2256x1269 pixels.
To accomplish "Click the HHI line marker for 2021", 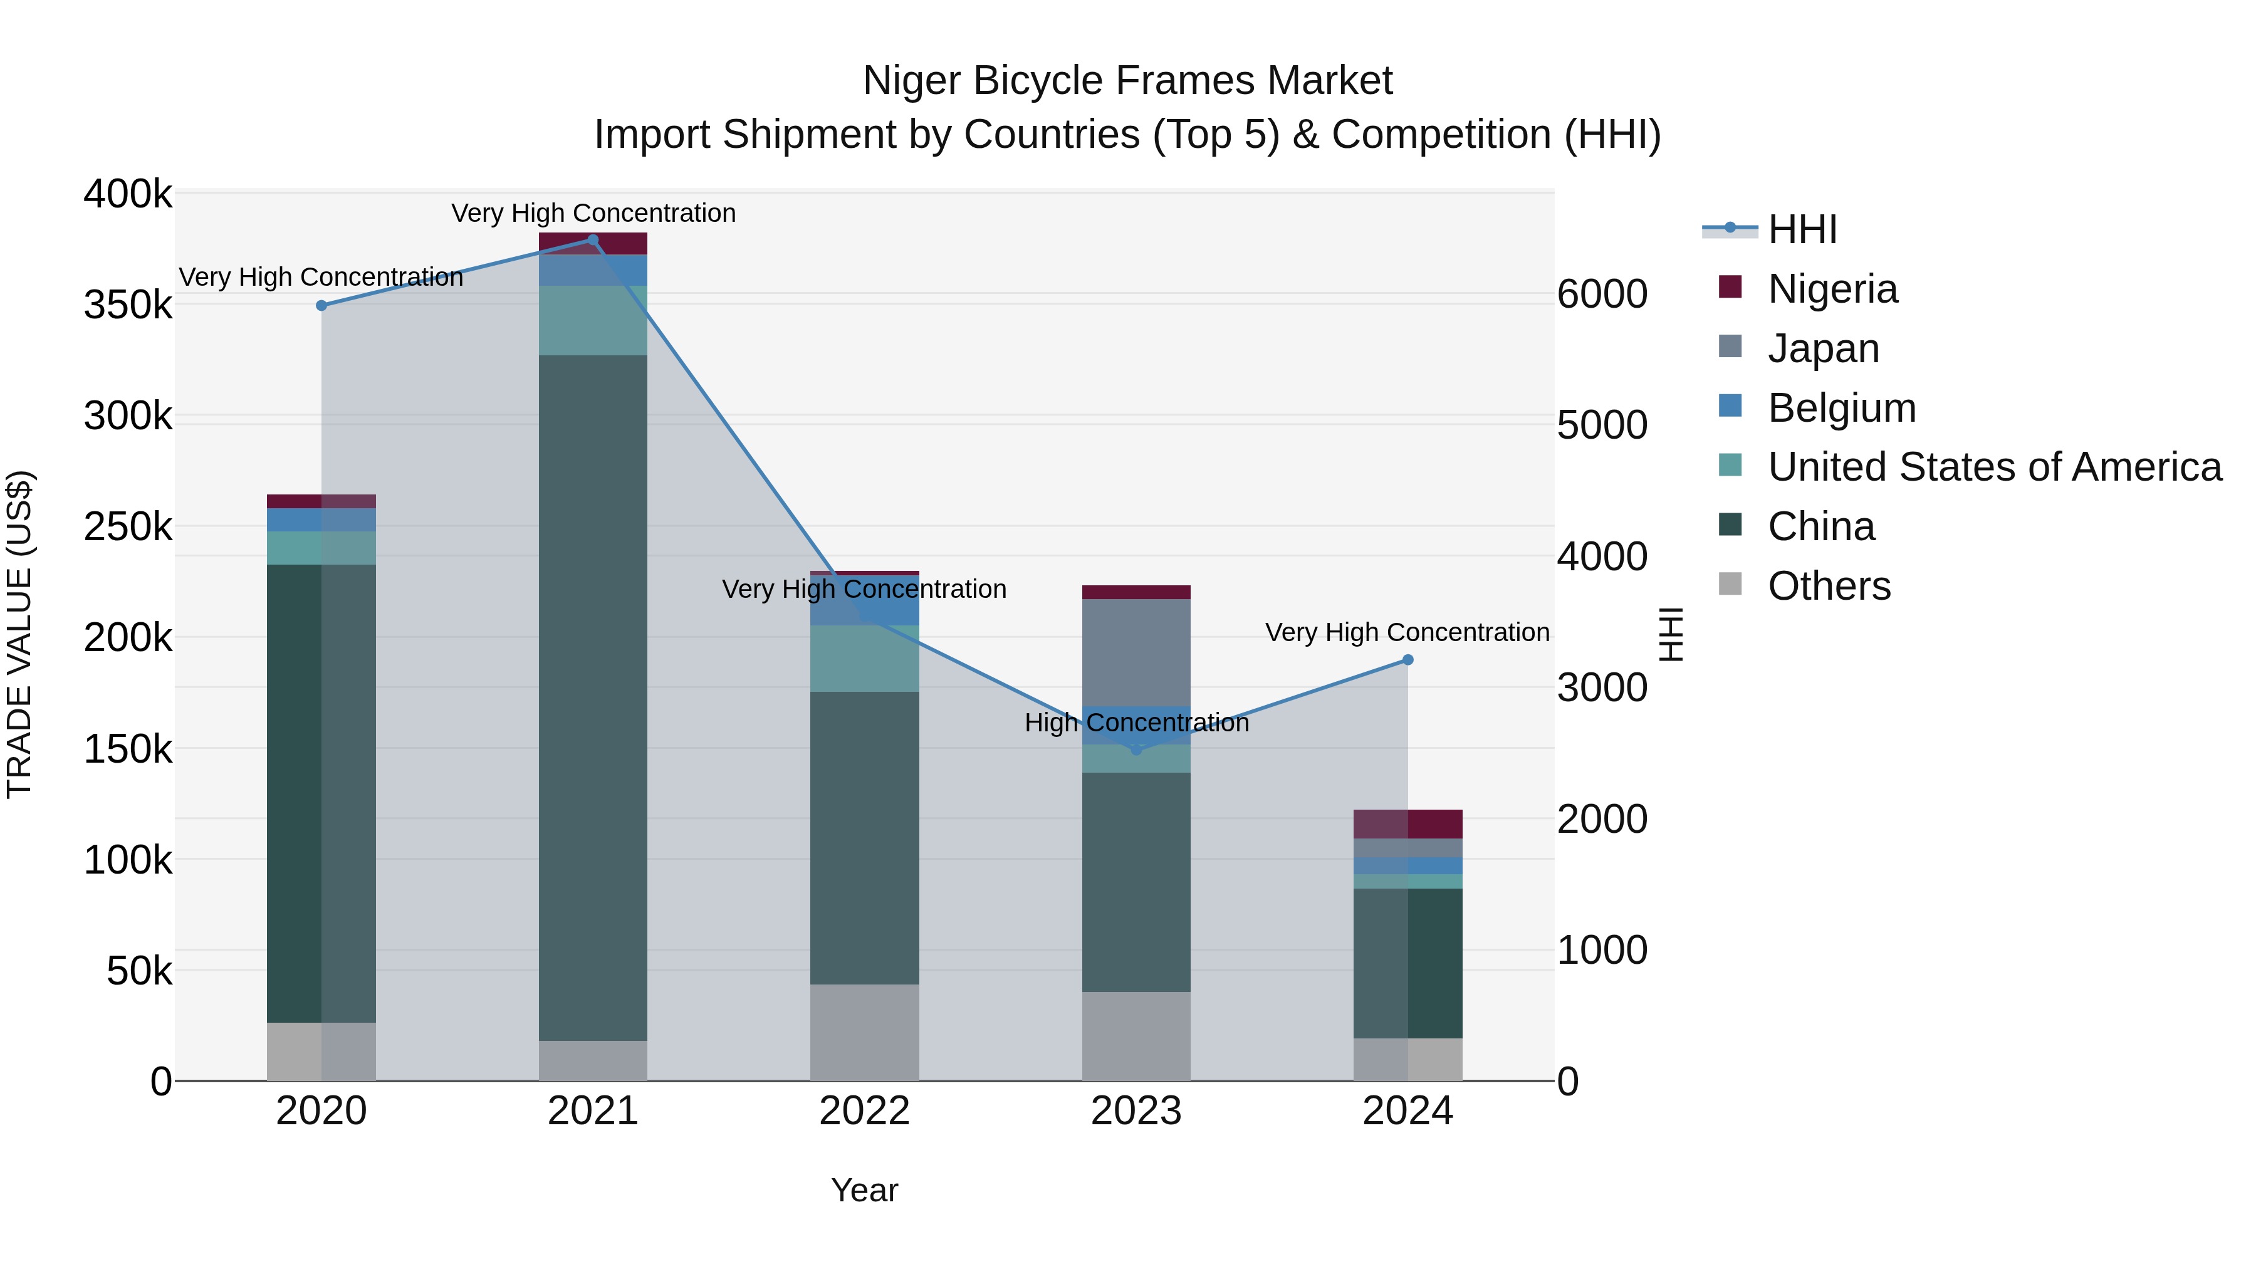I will point(593,240).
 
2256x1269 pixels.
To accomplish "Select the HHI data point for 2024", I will point(1407,659).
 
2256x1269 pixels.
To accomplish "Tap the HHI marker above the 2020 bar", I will point(321,306).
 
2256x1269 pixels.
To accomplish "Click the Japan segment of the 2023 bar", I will point(1136,652).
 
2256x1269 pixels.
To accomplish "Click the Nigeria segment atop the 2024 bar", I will point(1407,824).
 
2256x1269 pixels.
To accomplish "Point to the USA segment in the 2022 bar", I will point(864,659).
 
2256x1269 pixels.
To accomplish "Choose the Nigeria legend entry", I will point(1832,289).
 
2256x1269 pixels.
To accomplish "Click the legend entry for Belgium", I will point(1841,408).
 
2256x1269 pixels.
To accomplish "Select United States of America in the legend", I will point(1994,467).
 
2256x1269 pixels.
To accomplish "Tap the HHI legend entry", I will point(1802,229).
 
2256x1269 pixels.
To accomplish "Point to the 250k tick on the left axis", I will point(128,527).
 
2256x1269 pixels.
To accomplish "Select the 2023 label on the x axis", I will point(1136,1111).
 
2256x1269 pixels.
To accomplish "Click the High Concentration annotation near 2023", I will point(1136,723).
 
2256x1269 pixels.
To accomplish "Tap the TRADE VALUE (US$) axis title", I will point(19,634).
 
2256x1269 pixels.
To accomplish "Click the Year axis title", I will point(864,1190).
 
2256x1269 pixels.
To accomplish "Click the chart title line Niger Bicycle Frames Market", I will point(1127,81).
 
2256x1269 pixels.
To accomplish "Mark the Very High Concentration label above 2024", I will point(1407,632).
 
